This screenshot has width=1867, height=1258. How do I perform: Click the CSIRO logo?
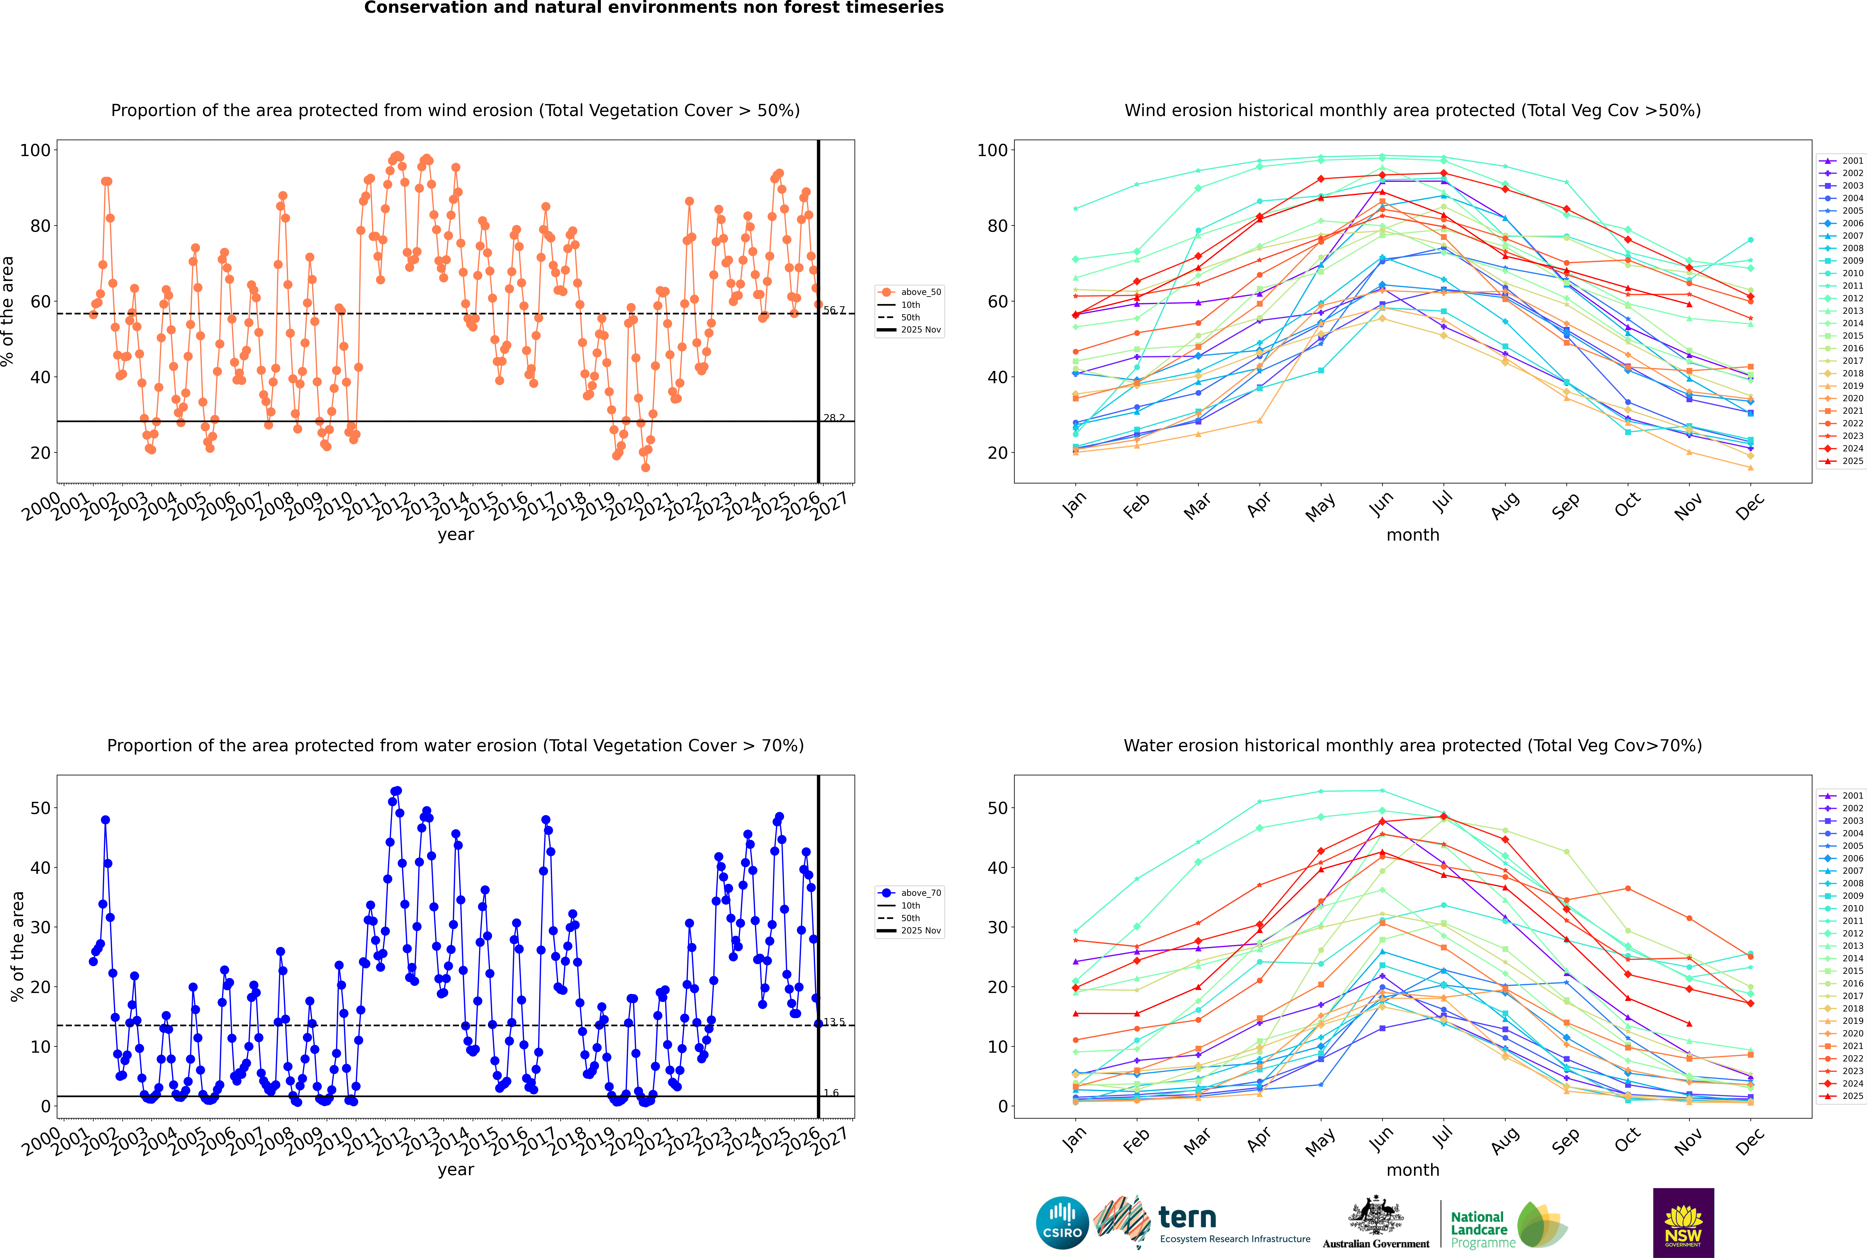point(1062,1223)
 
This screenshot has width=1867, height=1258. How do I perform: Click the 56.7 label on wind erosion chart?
point(834,310)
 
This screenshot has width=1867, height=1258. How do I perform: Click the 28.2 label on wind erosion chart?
point(834,418)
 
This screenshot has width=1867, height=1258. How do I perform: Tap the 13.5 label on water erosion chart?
point(834,1022)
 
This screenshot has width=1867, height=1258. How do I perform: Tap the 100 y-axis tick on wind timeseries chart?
point(35,150)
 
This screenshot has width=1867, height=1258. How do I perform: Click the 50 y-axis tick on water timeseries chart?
point(40,808)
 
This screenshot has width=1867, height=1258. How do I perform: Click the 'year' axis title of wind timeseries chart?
point(455,534)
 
